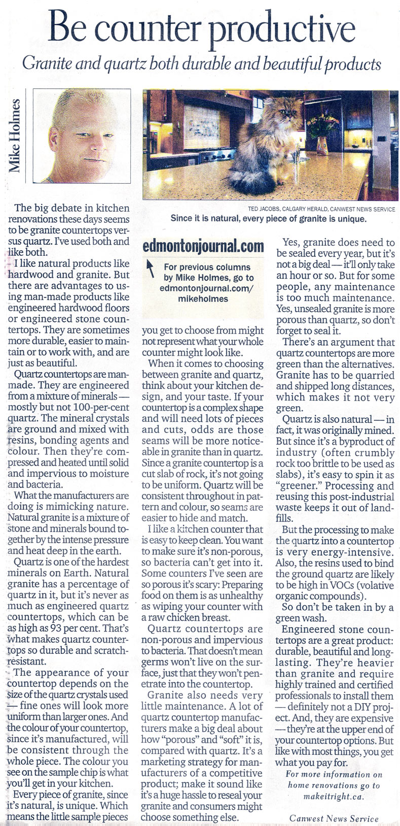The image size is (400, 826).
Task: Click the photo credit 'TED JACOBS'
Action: click(266, 209)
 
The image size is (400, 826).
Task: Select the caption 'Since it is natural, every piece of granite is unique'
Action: click(268, 219)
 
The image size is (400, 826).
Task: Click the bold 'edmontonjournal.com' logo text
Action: click(203, 247)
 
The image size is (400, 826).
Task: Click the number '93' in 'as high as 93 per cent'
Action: click(55, 629)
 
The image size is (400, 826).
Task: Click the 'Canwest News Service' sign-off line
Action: click(334, 818)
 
